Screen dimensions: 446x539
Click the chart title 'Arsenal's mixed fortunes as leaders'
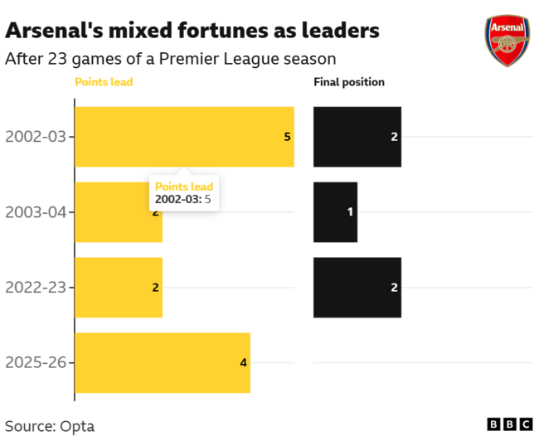(x=192, y=31)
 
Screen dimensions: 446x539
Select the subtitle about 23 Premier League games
(x=171, y=59)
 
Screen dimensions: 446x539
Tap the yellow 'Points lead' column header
(x=104, y=82)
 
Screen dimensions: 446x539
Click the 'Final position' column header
(x=348, y=82)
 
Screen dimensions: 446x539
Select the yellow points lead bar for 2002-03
(x=184, y=137)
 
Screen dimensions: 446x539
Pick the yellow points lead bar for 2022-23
(x=119, y=288)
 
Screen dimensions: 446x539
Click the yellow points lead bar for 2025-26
(x=163, y=363)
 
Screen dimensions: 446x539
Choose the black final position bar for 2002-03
(x=357, y=137)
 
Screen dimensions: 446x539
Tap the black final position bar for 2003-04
(x=335, y=212)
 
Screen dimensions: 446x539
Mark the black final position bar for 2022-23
(x=357, y=288)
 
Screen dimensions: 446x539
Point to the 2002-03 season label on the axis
(x=36, y=137)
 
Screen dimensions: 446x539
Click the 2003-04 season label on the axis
(x=36, y=212)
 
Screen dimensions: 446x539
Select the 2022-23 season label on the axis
(x=36, y=288)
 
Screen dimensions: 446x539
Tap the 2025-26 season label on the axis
(x=36, y=363)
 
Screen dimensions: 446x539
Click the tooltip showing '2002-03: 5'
(x=184, y=193)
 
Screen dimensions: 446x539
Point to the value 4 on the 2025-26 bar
(x=244, y=363)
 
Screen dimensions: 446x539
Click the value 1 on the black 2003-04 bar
(x=350, y=212)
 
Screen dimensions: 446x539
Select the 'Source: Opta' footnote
(x=50, y=426)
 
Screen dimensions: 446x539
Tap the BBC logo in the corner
(x=510, y=424)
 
